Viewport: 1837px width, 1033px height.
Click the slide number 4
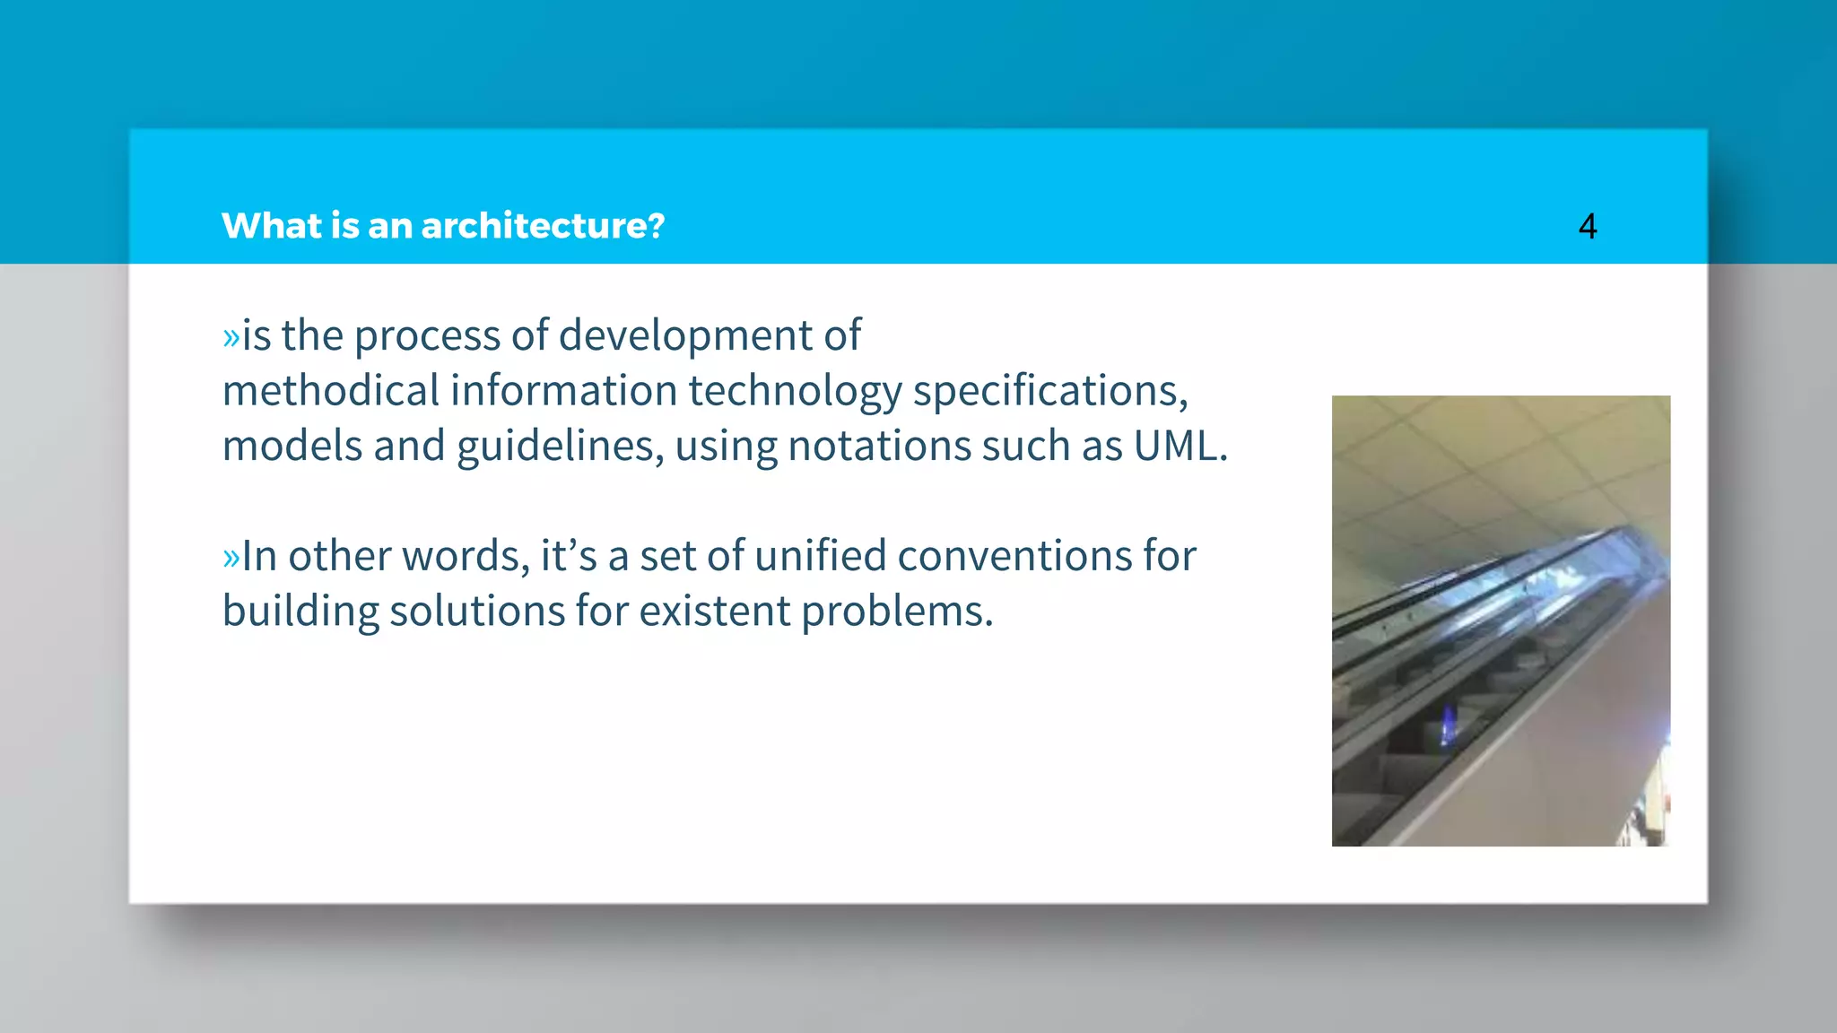1587,226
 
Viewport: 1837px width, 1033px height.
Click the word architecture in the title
543,226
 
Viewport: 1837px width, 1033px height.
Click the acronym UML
1178,446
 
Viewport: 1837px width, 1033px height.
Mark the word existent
714,612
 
